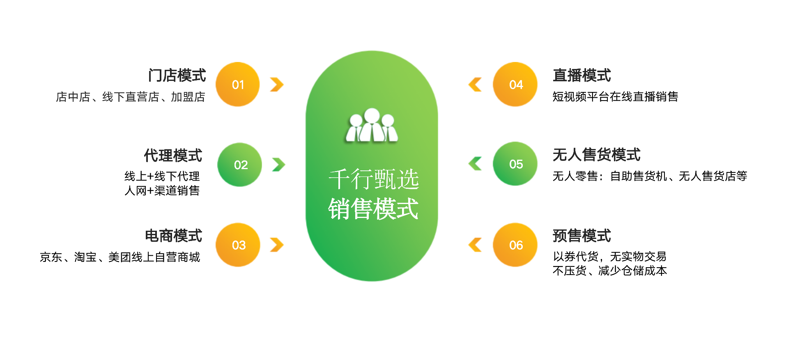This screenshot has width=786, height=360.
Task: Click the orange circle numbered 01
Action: tap(238, 84)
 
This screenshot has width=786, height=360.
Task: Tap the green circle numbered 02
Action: tap(239, 165)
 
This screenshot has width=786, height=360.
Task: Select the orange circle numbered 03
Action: tap(238, 245)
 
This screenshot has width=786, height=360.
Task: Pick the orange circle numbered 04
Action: tap(515, 84)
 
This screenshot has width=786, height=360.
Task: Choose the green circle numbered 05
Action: tap(515, 164)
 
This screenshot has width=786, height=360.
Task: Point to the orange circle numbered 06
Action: tap(515, 245)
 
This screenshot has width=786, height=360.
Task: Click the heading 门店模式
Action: tap(177, 76)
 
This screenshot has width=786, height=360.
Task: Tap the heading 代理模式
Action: tap(173, 156)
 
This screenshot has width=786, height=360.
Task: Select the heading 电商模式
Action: tap(173, 236)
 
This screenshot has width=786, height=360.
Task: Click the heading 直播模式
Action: tap(582, 76)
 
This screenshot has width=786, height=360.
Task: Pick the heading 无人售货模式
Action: tap(597, 155)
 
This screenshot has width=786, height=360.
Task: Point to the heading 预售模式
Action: tap(582, 236)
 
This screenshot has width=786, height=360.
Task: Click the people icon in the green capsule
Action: tap(372, 125)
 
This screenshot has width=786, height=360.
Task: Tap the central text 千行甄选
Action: tap(374, 179)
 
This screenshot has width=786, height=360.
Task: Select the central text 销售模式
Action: tap(373, 209)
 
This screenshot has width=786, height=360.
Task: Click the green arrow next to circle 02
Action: tap(278, 165)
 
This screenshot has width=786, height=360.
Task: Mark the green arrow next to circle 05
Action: tap(475, 163)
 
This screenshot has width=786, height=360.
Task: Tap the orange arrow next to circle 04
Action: tap(475, 84)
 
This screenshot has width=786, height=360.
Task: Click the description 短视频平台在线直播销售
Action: tap(615, 96)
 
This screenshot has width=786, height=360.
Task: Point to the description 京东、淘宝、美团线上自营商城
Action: tap(120, 257)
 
